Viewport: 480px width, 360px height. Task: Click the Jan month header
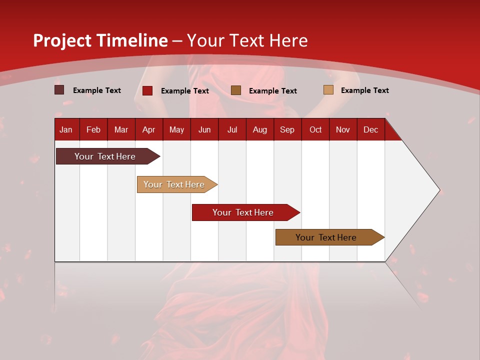[x=66, y=129]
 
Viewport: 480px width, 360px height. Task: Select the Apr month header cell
[x=149, y=129]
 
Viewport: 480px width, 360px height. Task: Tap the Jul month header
[x=232, y=129]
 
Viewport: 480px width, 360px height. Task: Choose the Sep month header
[x=287, y=129]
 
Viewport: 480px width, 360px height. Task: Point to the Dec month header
[x=370, y=129]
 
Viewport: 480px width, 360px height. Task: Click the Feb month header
[x=93, y=129]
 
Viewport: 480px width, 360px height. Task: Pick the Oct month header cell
[x=315, y=129]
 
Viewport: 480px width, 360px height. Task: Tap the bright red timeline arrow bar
[x=243, y=212]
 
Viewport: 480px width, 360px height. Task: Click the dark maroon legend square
[x=59, y=90]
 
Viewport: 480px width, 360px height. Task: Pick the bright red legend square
[x=147, y=90]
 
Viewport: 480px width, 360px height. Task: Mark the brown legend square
[x=236, y=90]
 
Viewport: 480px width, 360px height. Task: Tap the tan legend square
[x=328, y=90]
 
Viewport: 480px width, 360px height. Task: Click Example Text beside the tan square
[x=364, y=90]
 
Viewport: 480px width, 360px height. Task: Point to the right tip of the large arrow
[x=439, y=190]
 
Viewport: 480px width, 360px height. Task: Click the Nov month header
[x=343, y=129]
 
